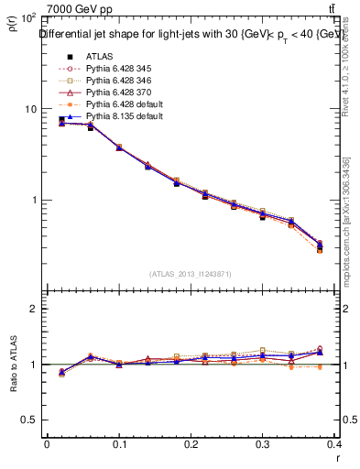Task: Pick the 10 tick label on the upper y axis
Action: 27,109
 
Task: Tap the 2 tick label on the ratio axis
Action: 33,309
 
